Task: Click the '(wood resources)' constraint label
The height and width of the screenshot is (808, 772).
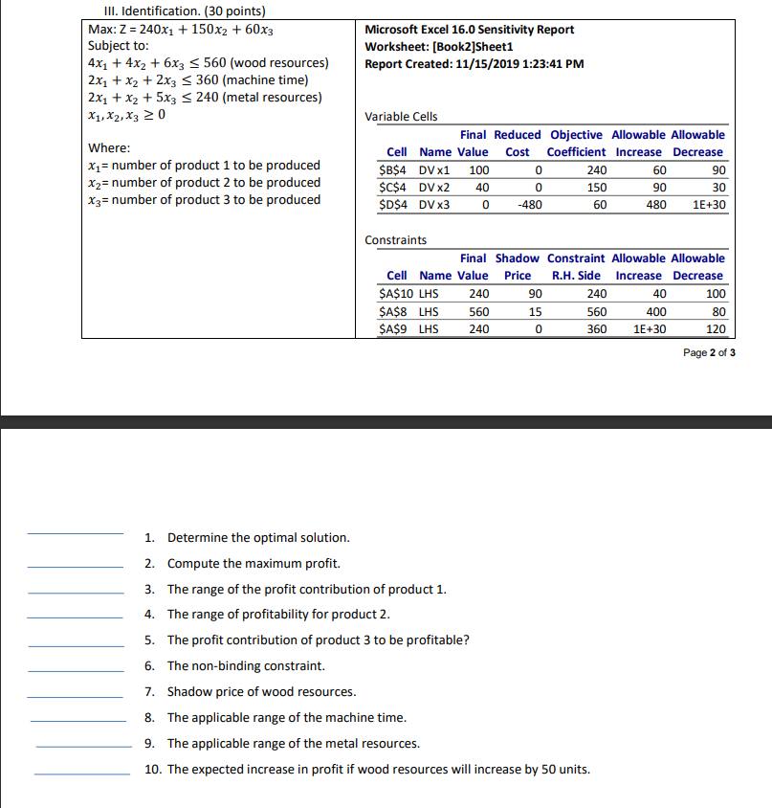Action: click(276, 63)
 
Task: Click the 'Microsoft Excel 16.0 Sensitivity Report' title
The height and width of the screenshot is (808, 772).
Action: click(470, 30)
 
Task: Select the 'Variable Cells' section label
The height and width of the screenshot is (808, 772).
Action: click(401, 117)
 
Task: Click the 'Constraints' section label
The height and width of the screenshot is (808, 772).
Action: click(396, 240)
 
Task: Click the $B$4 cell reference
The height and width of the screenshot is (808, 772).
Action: click(397, 170)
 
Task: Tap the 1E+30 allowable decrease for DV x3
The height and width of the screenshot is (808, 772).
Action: click(708, 205)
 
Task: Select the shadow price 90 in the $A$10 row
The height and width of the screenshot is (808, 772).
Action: click(535, 294)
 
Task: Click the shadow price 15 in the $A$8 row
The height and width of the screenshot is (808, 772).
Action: click(536, 311)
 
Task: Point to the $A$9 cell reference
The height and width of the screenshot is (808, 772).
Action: click(396, 329)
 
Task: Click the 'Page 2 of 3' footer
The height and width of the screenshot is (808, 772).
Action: click(709, 352)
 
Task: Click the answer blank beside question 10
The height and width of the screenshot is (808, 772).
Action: click(82, 774)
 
